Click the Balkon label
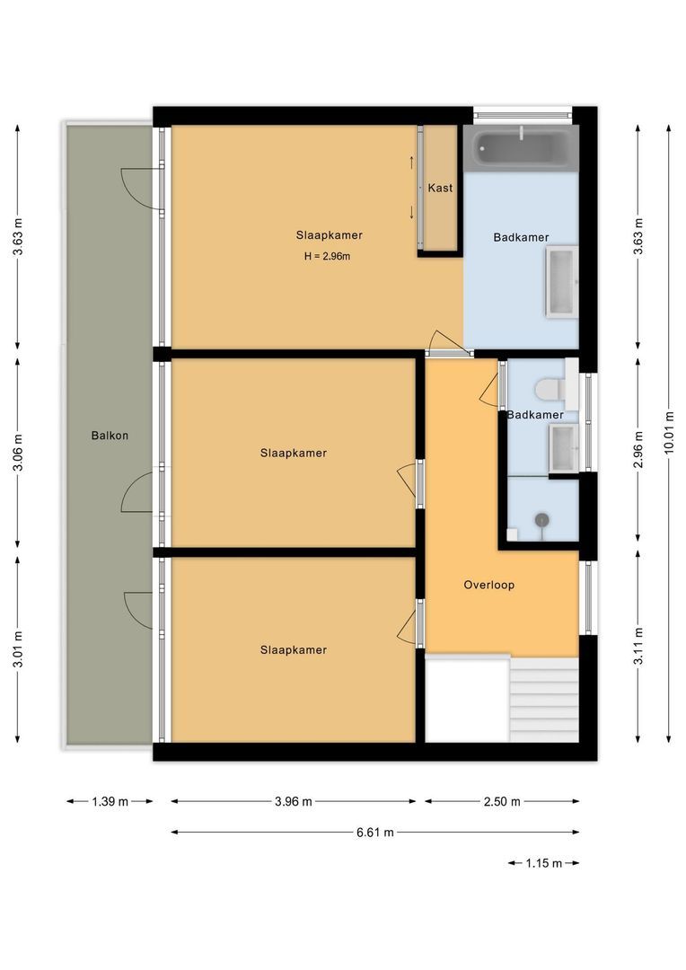click(110, 436)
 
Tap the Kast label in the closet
click(440, 188)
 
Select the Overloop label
click(488, 585)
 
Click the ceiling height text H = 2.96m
click(326, 257)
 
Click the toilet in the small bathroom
click(550, 389)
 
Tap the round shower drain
click(541, 519)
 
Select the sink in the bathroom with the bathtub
click(560, 282)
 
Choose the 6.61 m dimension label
click(375, 833)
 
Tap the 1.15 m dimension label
click(543, 863)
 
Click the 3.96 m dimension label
click(294, 801)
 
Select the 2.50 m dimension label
click(502, 801)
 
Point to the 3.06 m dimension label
click(18, 452)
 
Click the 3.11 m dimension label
click(638, 645)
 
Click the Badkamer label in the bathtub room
click(521, 237)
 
